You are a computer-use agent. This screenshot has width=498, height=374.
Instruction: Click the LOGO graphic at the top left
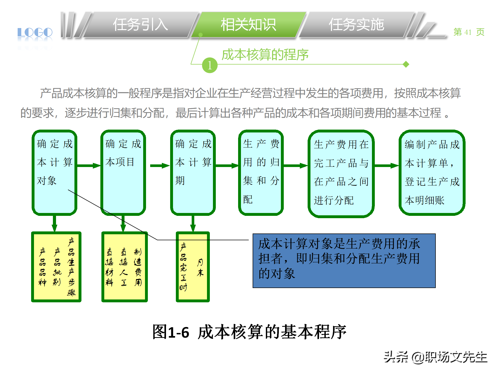(35, 33)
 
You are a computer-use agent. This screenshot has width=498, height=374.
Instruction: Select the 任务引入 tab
(140, 25)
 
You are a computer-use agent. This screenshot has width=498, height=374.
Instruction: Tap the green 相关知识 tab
(248, 25)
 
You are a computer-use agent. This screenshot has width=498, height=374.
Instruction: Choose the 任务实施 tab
(356, 25)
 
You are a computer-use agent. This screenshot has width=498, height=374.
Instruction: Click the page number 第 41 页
(469, 32)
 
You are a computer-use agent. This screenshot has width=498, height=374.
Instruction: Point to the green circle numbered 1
(210, 65)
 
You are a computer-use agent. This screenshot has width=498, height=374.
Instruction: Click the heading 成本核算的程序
(265, 55)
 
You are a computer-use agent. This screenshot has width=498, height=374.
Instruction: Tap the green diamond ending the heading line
(406, 64)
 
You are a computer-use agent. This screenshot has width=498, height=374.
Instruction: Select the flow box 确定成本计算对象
(54, 172)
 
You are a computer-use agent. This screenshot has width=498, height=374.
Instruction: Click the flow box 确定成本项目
(123, 172)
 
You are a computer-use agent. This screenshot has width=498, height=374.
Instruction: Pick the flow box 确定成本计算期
(193, 172)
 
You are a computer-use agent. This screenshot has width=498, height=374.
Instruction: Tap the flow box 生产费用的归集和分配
(261, 172)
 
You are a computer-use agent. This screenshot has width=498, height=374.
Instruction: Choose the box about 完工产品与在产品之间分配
(341, 173)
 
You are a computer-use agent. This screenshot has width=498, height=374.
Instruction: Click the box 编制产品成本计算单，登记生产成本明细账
(432, 172)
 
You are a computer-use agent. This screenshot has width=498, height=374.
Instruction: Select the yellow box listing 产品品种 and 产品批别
(56, 267)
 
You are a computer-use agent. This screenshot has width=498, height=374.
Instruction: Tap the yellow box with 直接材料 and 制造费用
(125, 267)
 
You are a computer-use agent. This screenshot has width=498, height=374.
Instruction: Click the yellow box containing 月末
(193, 267)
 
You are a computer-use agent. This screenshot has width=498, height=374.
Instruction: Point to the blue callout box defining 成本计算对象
(344, 261)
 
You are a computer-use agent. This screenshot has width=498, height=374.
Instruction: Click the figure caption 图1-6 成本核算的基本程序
(249, 332)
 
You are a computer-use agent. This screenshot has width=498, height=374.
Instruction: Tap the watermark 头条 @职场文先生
(435, 357)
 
